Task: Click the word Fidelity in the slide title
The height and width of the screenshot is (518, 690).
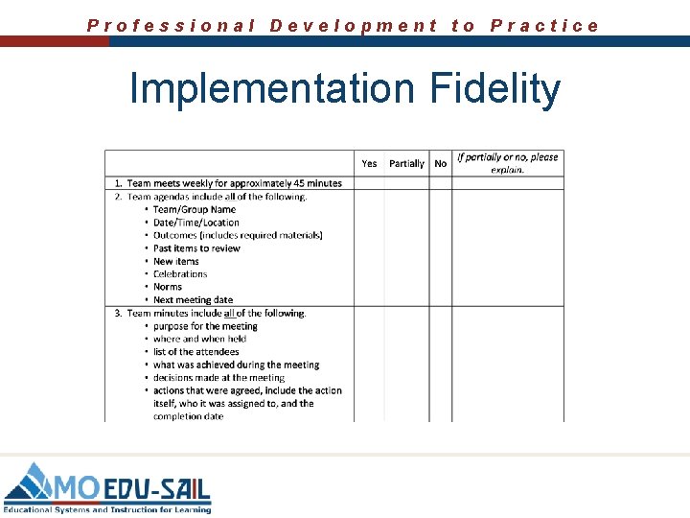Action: tap(495, 89)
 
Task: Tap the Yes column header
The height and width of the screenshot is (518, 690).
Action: tap(369, 164)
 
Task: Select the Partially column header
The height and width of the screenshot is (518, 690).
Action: tap(406, 164)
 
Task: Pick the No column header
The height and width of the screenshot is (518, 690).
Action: tap(440, 164)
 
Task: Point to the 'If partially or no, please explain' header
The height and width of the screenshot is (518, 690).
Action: tap(507, 163)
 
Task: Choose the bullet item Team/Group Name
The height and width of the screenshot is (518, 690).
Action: tap(195, 209)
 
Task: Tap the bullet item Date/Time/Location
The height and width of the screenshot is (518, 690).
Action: tap(196, 223)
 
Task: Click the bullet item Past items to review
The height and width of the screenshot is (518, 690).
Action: tap(196, 248)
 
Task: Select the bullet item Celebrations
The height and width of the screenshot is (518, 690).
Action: tap(180, 274)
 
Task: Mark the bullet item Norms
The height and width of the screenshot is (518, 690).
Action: tap(168, 287)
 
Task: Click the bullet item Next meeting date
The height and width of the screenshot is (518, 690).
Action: tap(193, 300)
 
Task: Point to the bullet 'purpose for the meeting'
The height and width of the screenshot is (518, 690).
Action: tap(205, 326)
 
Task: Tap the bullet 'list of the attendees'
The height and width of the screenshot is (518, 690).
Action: tap(195, 352)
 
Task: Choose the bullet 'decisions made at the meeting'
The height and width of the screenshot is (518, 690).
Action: tap(218, 378)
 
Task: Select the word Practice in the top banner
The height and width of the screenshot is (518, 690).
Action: tap(544, 26)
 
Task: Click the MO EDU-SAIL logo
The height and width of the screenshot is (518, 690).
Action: tap(107, 486)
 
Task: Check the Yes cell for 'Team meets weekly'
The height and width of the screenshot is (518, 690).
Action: tap(369, 183)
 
